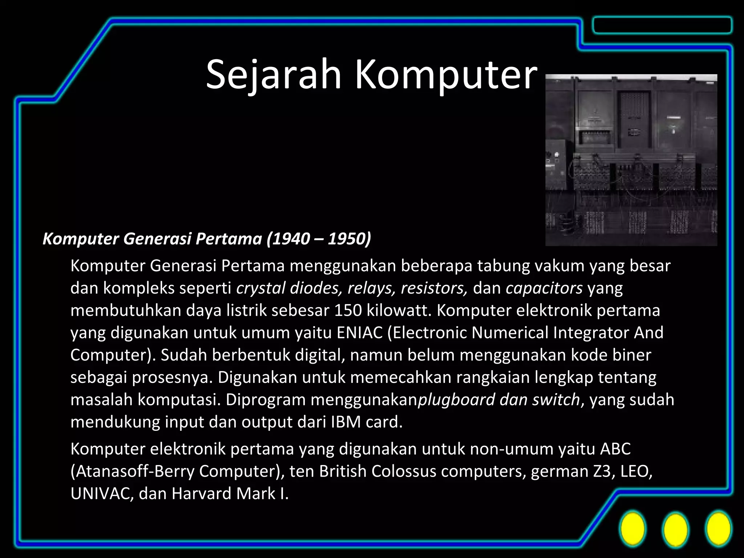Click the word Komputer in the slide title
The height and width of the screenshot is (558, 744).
pyautogui.click(x=445, y=76)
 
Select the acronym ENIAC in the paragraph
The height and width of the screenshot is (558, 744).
pyautogui.click(x=360, y=333)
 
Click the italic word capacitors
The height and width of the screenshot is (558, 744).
pyautogui.click(x=544, y=288)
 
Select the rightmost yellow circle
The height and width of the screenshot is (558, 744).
pyautogui.click(x=718, y=530)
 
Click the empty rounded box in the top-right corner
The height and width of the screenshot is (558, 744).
pyautogui.click(x=662, y=25)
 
